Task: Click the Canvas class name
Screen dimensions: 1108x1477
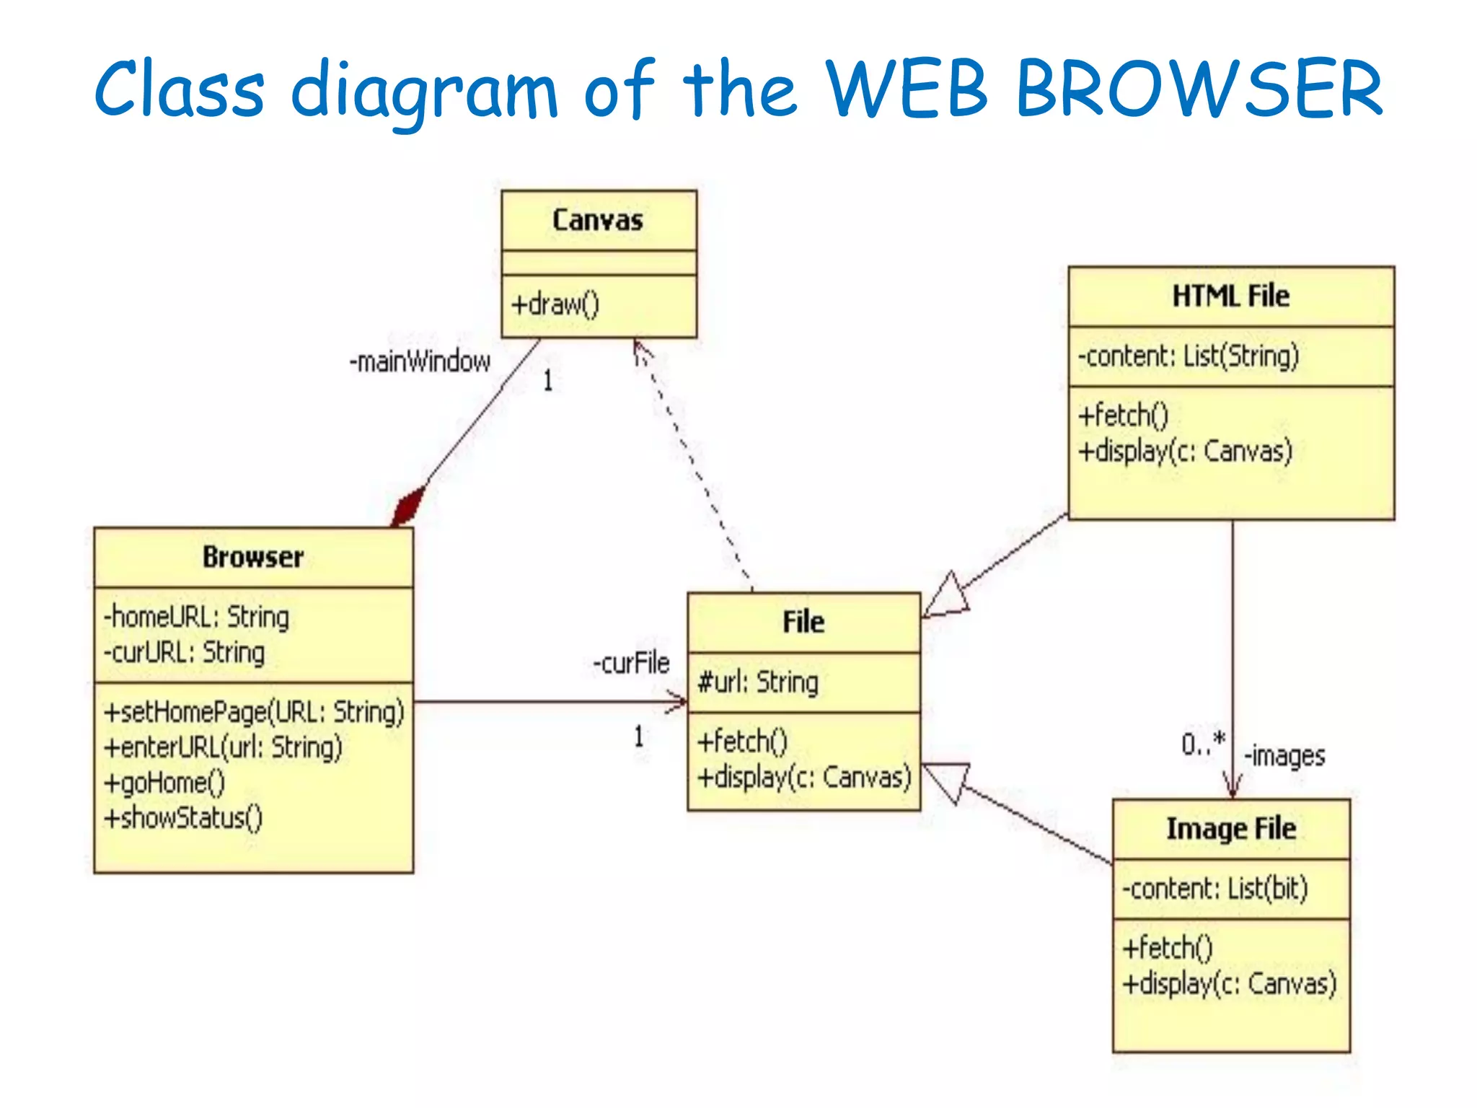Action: point(598,220)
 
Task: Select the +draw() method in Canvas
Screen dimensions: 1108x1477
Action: point(555,304)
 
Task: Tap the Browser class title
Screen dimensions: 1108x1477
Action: point(253,557)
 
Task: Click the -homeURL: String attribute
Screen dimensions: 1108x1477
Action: point(196,617)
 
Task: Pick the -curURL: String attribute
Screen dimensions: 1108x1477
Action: point(185,653)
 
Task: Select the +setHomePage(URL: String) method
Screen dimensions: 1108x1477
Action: point(254,712)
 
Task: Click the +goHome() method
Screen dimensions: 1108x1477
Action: point(165,783)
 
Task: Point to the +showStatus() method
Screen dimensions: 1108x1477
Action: point(183,818)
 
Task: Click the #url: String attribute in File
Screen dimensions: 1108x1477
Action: point(757,682)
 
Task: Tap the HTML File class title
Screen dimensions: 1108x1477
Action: point(1230,296)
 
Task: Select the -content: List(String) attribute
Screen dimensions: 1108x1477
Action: point(1188,356)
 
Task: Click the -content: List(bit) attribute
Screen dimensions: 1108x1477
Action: point(1214,889)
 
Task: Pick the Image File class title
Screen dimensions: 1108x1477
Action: point(1231,829)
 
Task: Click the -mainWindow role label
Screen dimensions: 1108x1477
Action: point(420,361)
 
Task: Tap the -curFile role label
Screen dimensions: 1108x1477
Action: point(631,663)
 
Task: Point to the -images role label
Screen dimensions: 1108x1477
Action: point(1284,756)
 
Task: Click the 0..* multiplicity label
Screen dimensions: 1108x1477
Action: point(1203,743)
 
